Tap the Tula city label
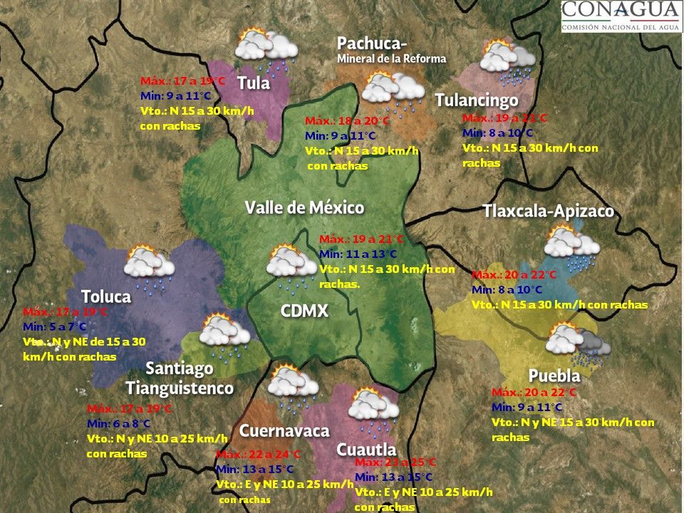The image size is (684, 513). click(254, 83)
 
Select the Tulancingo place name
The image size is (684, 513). click(476, 100)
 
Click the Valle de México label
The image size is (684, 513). click(304, 208)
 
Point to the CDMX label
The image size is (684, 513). click(304, 311)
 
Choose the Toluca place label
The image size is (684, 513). click(105, 296)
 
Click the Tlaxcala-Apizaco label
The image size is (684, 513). click(547, 212)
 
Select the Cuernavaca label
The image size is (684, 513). click(284, 431)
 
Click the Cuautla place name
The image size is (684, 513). click(366, 450)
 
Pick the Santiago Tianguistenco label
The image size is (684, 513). click(180, 378)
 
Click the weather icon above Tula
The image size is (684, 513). click(266, 48)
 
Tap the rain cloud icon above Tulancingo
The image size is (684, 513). click(507, 60)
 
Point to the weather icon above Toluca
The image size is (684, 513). click(149, 265)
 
